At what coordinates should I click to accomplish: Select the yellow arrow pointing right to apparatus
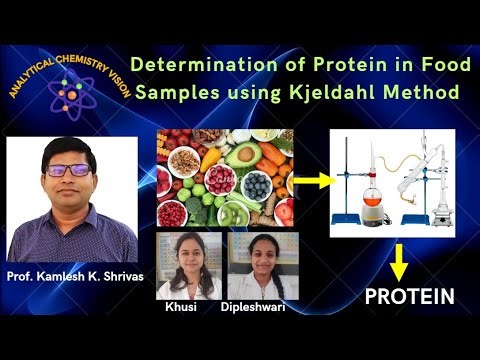[308, 182]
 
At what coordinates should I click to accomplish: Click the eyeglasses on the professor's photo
[67, 170]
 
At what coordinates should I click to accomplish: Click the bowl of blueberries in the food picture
[256, 185]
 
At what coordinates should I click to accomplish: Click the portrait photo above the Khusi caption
[189, 265]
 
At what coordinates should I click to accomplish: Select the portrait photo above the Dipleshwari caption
[262, 265]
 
